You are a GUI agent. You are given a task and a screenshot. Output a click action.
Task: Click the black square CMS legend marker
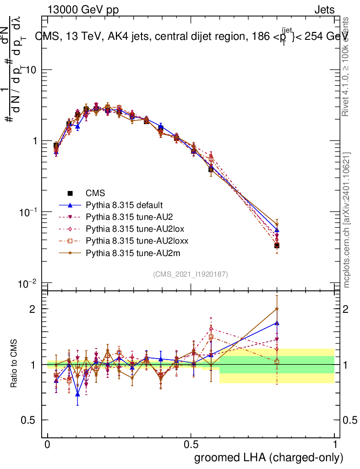pyautogui.click(x=71, y=193)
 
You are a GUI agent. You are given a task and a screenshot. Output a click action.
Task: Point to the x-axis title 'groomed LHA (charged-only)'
pyautogui.click(x=269, y=458)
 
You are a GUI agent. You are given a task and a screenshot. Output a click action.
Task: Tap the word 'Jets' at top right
pyautogui.click(x=324, y=10)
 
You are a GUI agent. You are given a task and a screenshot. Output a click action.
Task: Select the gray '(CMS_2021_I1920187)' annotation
pyautogui.click(x=191, y=274)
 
